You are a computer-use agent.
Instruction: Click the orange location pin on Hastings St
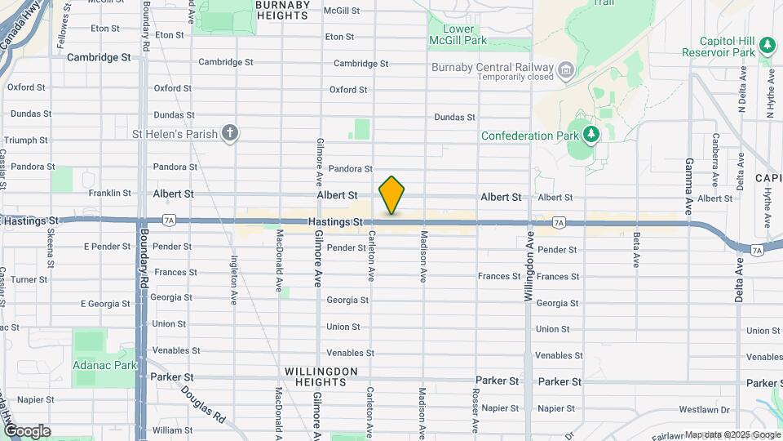point(391,195)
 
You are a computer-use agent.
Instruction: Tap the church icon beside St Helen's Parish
point(231,133)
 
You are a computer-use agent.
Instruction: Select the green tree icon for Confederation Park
point(591,134)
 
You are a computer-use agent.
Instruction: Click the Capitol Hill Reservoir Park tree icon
point(766,45)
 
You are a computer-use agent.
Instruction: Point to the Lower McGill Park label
point(458,33)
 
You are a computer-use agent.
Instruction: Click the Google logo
point(27,430)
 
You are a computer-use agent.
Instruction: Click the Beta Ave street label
point(636,250)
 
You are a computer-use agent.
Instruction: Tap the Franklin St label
point(110,194)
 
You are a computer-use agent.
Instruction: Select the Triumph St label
point(27,140)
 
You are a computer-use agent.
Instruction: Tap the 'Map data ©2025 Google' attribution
point(732,434)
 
